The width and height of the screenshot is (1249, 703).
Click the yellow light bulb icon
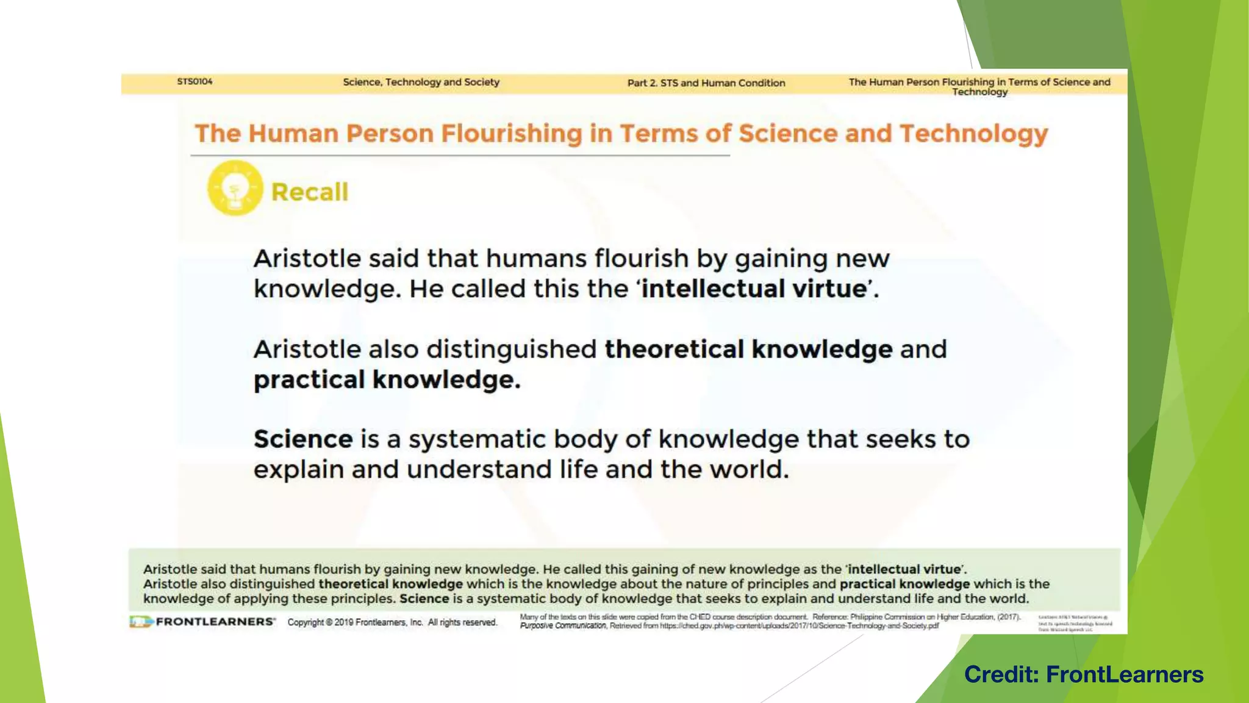(235, 188)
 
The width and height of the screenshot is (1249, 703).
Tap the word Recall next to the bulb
(309, 192)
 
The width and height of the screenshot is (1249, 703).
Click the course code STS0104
(195, 81)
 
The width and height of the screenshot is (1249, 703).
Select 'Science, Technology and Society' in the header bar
(421, 82)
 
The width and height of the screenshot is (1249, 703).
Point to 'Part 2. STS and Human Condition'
(706, 83)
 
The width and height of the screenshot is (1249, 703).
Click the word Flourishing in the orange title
(512, 134)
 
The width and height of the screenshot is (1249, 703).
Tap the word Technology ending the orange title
(973, 134)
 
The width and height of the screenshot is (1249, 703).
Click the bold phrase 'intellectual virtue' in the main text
(754, 289)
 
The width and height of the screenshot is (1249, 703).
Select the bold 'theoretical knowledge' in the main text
(748, 349)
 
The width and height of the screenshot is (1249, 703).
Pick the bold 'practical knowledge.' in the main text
(387, 380)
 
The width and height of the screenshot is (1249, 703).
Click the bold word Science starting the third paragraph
(303, 439)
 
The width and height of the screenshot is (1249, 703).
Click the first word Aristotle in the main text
(307, 259)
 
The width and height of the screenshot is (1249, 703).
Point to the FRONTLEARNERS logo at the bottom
(202, 622)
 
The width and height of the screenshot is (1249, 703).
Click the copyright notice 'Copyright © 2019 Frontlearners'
(392, 622)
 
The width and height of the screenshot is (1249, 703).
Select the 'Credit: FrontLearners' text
(1083, 674)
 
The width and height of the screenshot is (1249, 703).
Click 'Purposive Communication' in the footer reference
(563, 626)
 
